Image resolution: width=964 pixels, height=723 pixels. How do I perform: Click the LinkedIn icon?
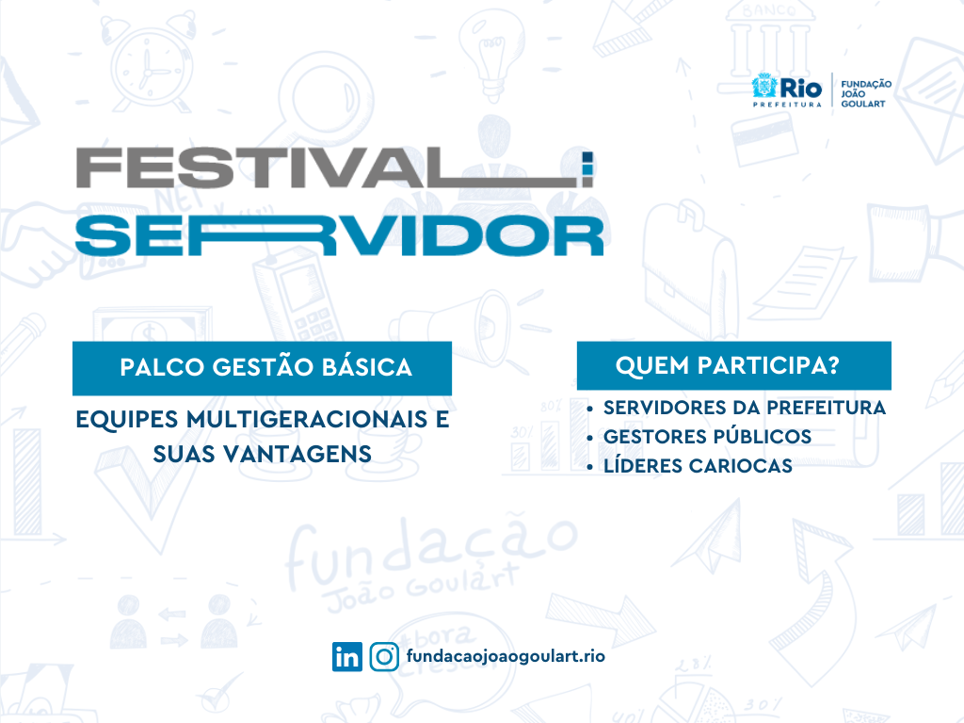pos(346,656)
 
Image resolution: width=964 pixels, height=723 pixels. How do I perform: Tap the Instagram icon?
pos(384,656)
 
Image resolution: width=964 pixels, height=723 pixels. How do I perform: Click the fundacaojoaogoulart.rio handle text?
pos(506,656)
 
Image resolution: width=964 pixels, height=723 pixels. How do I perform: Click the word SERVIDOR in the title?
pos(339,235)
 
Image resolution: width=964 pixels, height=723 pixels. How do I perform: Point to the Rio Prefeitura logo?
pos(787,89)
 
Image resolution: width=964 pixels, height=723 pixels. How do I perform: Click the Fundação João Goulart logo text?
pos(866,93)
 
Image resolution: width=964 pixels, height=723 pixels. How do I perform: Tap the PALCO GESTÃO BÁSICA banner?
pos(262,368)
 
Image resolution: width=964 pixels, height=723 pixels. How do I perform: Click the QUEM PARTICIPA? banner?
pos(734,365)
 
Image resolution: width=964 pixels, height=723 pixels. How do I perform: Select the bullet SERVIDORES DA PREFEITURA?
pos(744,407)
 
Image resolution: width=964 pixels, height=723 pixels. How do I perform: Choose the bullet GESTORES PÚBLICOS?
pos(707,436)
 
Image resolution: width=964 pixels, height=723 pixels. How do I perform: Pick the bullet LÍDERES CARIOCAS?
pos(698,465)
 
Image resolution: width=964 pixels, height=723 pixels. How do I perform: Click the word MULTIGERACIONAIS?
pos(307,419)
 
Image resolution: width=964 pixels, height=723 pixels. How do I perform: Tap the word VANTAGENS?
pos(297,455)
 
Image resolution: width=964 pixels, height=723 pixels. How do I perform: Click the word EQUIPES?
pos(128,421)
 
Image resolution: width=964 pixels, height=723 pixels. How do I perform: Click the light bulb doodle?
pos(491,54)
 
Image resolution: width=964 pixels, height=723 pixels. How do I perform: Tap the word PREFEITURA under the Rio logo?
pos(787,104)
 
